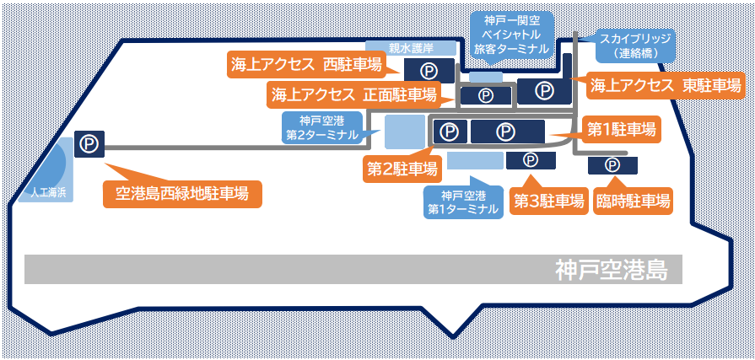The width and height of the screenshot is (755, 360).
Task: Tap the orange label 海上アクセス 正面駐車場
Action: [x=354, y=94]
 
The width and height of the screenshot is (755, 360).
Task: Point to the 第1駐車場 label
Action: [x=622, y=130]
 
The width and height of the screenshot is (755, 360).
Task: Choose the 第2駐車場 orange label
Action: [x=402, y=169]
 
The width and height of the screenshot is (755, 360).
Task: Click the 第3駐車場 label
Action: [x=549, y=201]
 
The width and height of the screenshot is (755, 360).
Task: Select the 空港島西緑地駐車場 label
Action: [x=181, y=194]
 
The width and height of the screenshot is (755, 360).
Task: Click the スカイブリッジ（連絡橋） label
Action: [x=635, y=46]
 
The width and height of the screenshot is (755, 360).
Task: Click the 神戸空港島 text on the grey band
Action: [x=611, y=271]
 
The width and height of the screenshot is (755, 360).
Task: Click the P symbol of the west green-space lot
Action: [x=89, y=144]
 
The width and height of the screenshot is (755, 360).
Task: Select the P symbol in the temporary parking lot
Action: [x=612, y=164]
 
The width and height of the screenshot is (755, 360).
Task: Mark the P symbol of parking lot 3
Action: [x=531, y=160]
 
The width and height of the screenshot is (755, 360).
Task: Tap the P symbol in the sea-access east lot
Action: [x=545, y=89]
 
